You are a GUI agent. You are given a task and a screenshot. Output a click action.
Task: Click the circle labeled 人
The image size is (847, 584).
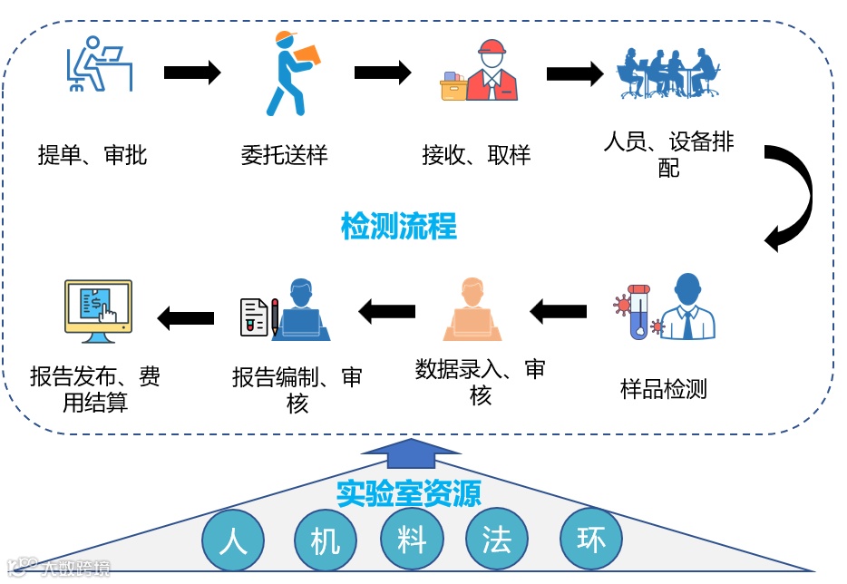(234, 540)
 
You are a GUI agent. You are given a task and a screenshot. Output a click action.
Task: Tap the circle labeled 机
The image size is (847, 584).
(325, 540)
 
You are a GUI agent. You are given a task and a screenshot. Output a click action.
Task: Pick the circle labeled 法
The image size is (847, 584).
(497, 540)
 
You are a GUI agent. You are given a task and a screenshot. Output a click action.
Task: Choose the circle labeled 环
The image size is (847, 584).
(591, 540)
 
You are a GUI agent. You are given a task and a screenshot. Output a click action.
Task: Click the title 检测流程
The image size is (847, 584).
(398, 226)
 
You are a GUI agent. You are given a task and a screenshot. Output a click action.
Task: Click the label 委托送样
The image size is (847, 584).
(284, 155)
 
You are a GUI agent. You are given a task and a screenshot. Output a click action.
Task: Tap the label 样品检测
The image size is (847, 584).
(663, 390)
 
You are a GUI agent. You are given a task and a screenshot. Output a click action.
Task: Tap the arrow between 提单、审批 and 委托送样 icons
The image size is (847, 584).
(192, 73)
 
